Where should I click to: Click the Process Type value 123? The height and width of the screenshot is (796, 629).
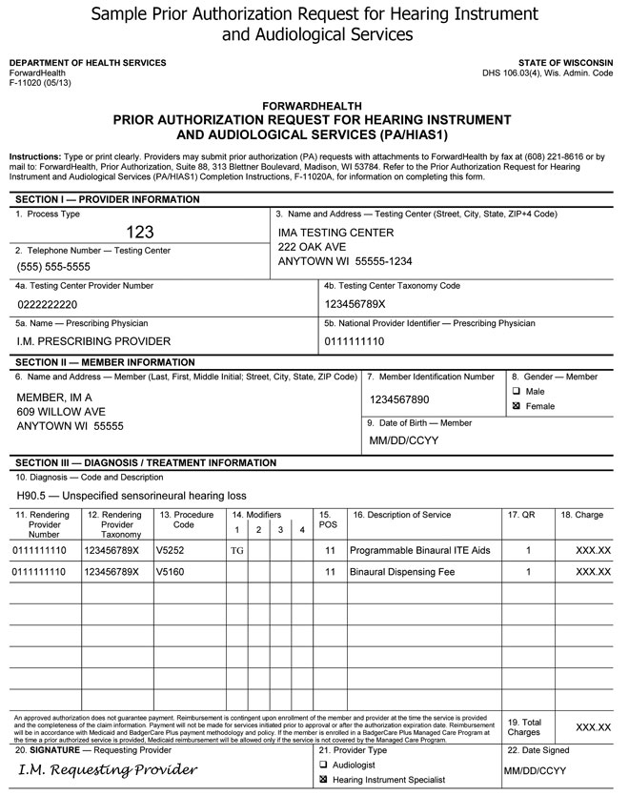[140, 232]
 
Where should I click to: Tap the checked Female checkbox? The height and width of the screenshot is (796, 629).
[516, 406]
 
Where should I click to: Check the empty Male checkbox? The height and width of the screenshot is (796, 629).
[516, 392]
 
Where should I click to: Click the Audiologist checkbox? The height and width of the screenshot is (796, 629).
[323, 765]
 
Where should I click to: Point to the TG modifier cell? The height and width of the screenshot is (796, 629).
[237, 551]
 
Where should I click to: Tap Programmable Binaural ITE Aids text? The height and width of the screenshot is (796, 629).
[419, 551]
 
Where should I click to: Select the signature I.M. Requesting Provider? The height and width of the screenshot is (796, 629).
[108, 769]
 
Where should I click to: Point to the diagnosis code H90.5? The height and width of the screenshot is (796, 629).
[31, 496]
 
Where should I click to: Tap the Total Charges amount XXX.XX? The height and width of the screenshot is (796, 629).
[593, 727]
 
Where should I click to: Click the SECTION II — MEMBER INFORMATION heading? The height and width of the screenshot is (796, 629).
[106, 362]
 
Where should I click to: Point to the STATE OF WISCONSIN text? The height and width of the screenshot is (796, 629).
[573, 63]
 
